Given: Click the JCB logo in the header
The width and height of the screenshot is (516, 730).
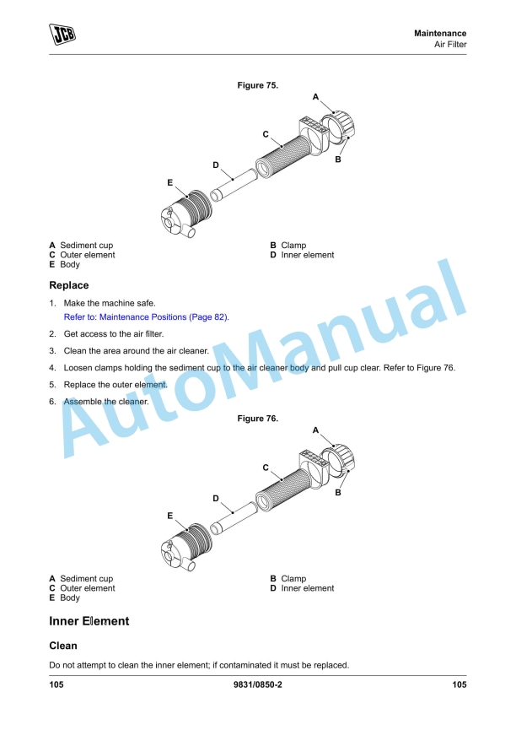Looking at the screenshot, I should (x=63, y=35).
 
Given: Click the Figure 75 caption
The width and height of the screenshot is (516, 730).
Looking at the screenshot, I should (x=258, y=85).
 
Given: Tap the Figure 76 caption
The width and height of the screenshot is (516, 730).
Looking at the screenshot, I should (x=258, y=419).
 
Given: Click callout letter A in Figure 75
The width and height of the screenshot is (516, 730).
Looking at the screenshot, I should (x=315, y=97).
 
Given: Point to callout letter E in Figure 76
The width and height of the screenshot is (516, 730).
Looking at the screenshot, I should (x=169, y=515).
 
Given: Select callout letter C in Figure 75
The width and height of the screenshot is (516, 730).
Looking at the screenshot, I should (x=266, y=134).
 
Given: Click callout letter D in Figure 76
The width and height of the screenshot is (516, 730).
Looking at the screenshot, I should (x=216, y=499).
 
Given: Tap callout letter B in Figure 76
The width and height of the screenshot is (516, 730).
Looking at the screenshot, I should (x=338, y=492).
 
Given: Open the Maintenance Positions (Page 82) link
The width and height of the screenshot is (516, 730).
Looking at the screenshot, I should (x=146, y=317).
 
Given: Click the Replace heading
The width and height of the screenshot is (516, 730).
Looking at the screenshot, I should (x=69, y=285).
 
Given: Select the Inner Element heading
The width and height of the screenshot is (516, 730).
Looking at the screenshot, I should (x=89, y=621).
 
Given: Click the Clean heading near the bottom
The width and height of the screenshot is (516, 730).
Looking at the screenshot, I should (x=63, y=646).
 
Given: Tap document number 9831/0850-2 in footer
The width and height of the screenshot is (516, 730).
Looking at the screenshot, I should (x=258, y=684).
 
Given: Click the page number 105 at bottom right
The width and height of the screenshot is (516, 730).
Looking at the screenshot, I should (x=459, y=684).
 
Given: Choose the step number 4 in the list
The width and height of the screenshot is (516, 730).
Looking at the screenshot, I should (x=52, y=368).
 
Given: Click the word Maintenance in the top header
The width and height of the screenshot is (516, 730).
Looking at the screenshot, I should (x=440, y=33).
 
